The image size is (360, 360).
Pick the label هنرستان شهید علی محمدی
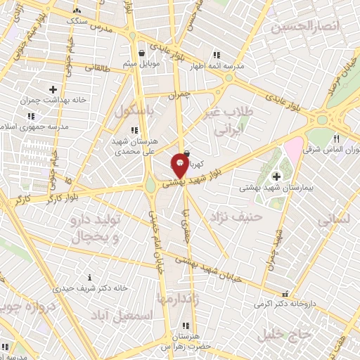[133, 145]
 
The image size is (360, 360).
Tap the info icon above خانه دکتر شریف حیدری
[89, 278]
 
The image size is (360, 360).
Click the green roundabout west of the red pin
[150, 186]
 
